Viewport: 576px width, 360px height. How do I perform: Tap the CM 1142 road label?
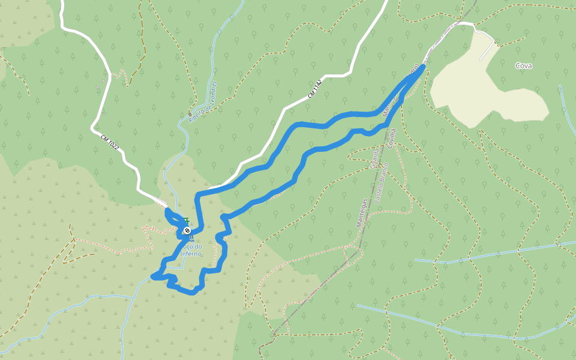[x=316, y=89]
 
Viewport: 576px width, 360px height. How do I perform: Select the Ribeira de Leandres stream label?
[x=203, y=102]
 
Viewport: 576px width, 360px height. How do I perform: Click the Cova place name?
[x=523, y=66]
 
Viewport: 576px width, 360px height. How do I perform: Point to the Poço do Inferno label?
[x=191, y=250]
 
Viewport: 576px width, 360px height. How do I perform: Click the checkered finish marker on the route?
[x=188, y=230]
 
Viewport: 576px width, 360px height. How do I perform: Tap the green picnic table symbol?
[x=187, y=221]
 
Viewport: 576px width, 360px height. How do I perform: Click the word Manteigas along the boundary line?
[x=362, y=212]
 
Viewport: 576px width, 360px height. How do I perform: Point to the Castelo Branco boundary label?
[x=382, y=183]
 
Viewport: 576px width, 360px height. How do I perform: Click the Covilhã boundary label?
[x=392, y=138]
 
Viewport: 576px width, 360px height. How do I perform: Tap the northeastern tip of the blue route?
[x=424, y=67]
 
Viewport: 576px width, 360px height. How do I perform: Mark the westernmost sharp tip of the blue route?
[x=153, y=277]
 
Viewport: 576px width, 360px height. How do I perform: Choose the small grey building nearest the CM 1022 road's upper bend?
[x=98, y=88]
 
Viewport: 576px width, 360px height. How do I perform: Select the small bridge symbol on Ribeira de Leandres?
[x=190, y=113]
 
